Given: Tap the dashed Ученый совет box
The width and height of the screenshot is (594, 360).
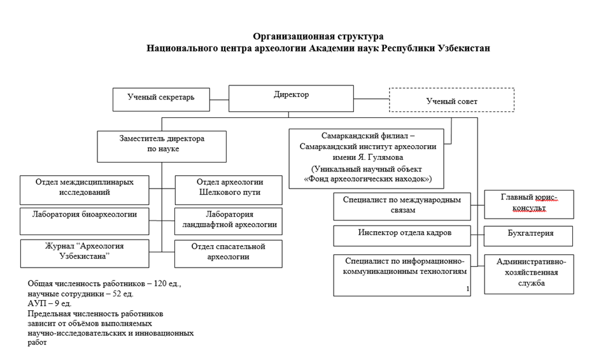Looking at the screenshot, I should pyautogui.click(x=451, y=101).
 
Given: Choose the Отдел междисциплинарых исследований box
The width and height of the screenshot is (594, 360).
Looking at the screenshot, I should pyautogui.click(x=85, y=190).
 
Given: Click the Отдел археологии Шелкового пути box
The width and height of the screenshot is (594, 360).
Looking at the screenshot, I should pyautogui.click(x=228, y=190).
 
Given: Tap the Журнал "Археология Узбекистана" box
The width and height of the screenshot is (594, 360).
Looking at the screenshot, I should pyautogui.click(x=85, y=253).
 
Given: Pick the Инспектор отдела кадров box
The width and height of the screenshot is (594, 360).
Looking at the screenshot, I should pyautogui.click(x=402, y=235).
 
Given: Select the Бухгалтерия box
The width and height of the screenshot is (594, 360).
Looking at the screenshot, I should pyautogui.click(x=528, y=235).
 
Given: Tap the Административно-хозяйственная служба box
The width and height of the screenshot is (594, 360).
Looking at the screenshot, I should pyautogui.click(x=528, y=274).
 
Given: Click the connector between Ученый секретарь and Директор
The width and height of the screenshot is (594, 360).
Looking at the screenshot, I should pyautogui.click(x=219, y=99).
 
